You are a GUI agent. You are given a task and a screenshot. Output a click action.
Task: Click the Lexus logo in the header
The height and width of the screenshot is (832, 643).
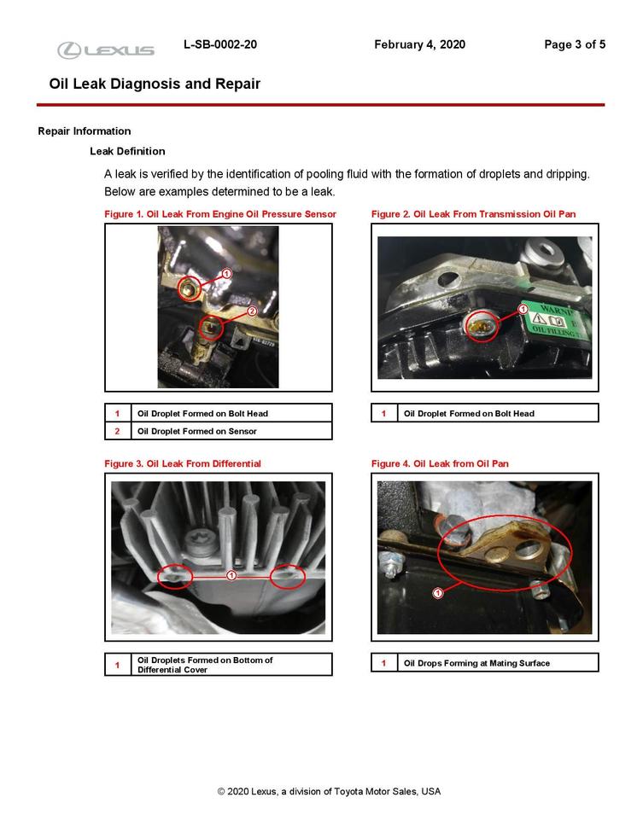point(106,50)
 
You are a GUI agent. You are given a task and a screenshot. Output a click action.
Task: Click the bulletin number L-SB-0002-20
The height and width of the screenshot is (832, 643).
point(219,44)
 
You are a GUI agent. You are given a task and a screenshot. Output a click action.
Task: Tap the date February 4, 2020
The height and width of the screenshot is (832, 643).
point(419,44)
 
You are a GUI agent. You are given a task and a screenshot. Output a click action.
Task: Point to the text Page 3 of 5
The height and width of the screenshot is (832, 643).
point(575,44)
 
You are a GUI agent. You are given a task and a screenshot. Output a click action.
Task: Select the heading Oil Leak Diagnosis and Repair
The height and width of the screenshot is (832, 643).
point(155,84)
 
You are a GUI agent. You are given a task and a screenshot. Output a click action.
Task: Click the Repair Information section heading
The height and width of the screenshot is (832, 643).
point(85,131)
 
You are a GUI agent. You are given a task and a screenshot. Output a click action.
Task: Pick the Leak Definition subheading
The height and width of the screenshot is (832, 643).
point(127,151)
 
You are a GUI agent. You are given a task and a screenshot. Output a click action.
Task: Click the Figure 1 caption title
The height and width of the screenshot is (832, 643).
point(219,213)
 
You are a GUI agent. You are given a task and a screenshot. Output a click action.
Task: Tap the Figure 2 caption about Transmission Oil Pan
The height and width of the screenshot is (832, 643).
point(479,213)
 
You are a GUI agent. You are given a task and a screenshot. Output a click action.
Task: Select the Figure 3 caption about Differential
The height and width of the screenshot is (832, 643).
point(182,463)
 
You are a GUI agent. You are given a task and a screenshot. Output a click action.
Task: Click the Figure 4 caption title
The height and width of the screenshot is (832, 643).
point(440,463)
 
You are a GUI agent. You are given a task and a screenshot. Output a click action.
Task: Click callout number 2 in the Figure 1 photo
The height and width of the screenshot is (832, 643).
point(252,311)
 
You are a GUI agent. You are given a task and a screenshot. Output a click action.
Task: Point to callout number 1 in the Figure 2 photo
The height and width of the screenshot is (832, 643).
point(523,309)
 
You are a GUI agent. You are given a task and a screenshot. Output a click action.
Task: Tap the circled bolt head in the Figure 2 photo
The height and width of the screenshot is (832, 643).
point(482,324)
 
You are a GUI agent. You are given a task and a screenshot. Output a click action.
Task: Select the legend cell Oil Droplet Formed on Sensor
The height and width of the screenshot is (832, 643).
point(196,431)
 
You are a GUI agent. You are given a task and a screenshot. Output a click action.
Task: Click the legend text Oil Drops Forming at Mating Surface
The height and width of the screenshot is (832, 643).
point(476,663)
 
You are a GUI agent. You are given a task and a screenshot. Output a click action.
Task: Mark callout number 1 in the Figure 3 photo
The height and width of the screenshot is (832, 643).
point(231,576)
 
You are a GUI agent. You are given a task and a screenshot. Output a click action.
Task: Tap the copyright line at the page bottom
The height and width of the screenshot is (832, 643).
point(329,791)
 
